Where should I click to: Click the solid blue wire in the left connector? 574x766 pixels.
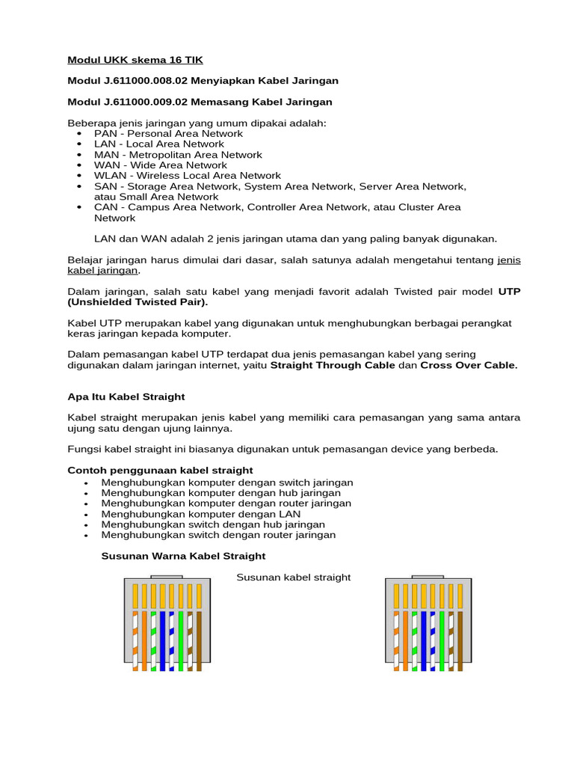tap(162, 640)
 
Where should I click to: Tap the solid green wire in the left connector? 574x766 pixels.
tap(181, 640)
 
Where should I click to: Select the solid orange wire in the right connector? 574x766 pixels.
tap(405, 640)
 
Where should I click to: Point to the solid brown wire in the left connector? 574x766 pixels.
tap(199, 640)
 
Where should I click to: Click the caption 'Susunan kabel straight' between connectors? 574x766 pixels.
tap(293, 577)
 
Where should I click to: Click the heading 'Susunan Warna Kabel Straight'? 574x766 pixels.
tap(183, 556)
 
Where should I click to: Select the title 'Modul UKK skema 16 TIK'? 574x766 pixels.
tap(135, 60)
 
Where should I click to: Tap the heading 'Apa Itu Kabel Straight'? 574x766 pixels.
tap(126, 396)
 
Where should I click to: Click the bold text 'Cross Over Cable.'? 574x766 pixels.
tap(469, 365)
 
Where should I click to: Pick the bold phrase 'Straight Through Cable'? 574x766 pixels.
tap(332, 365)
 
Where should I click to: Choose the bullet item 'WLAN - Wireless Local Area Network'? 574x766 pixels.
tap(187, 176)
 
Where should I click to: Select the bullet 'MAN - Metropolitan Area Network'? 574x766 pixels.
tap(178, 155)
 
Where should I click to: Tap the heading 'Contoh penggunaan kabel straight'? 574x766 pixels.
tap(160, 471)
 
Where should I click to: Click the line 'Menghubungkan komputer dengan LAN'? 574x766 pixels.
tap(201, 514)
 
